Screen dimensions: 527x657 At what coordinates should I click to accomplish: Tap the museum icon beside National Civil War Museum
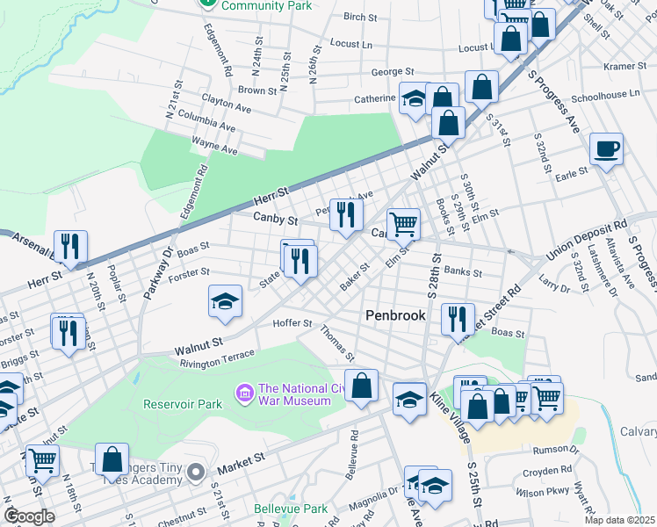244,391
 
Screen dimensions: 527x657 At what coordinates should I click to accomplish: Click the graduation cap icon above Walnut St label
226,301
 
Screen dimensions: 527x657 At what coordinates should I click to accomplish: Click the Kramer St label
625,66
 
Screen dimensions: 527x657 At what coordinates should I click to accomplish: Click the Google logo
30,516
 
